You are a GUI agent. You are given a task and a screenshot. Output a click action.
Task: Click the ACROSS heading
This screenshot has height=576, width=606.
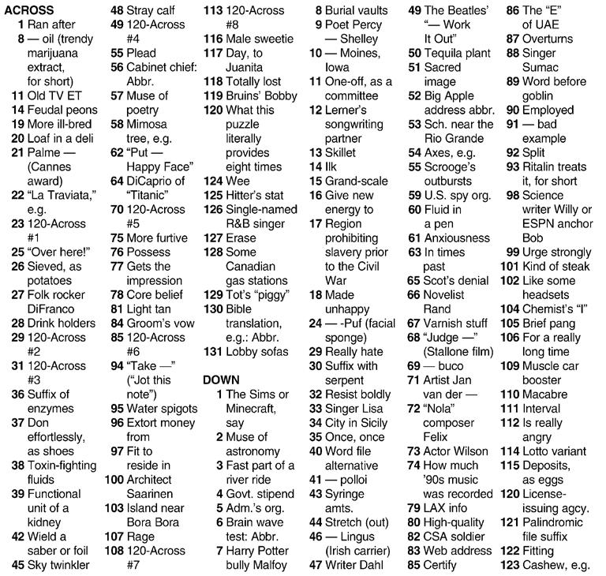(x=29, y=10)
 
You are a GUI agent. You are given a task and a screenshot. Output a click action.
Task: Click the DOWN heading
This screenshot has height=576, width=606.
(x=222, y=380)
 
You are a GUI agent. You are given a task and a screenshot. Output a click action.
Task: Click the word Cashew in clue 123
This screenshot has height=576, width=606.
(x=543, y=564)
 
